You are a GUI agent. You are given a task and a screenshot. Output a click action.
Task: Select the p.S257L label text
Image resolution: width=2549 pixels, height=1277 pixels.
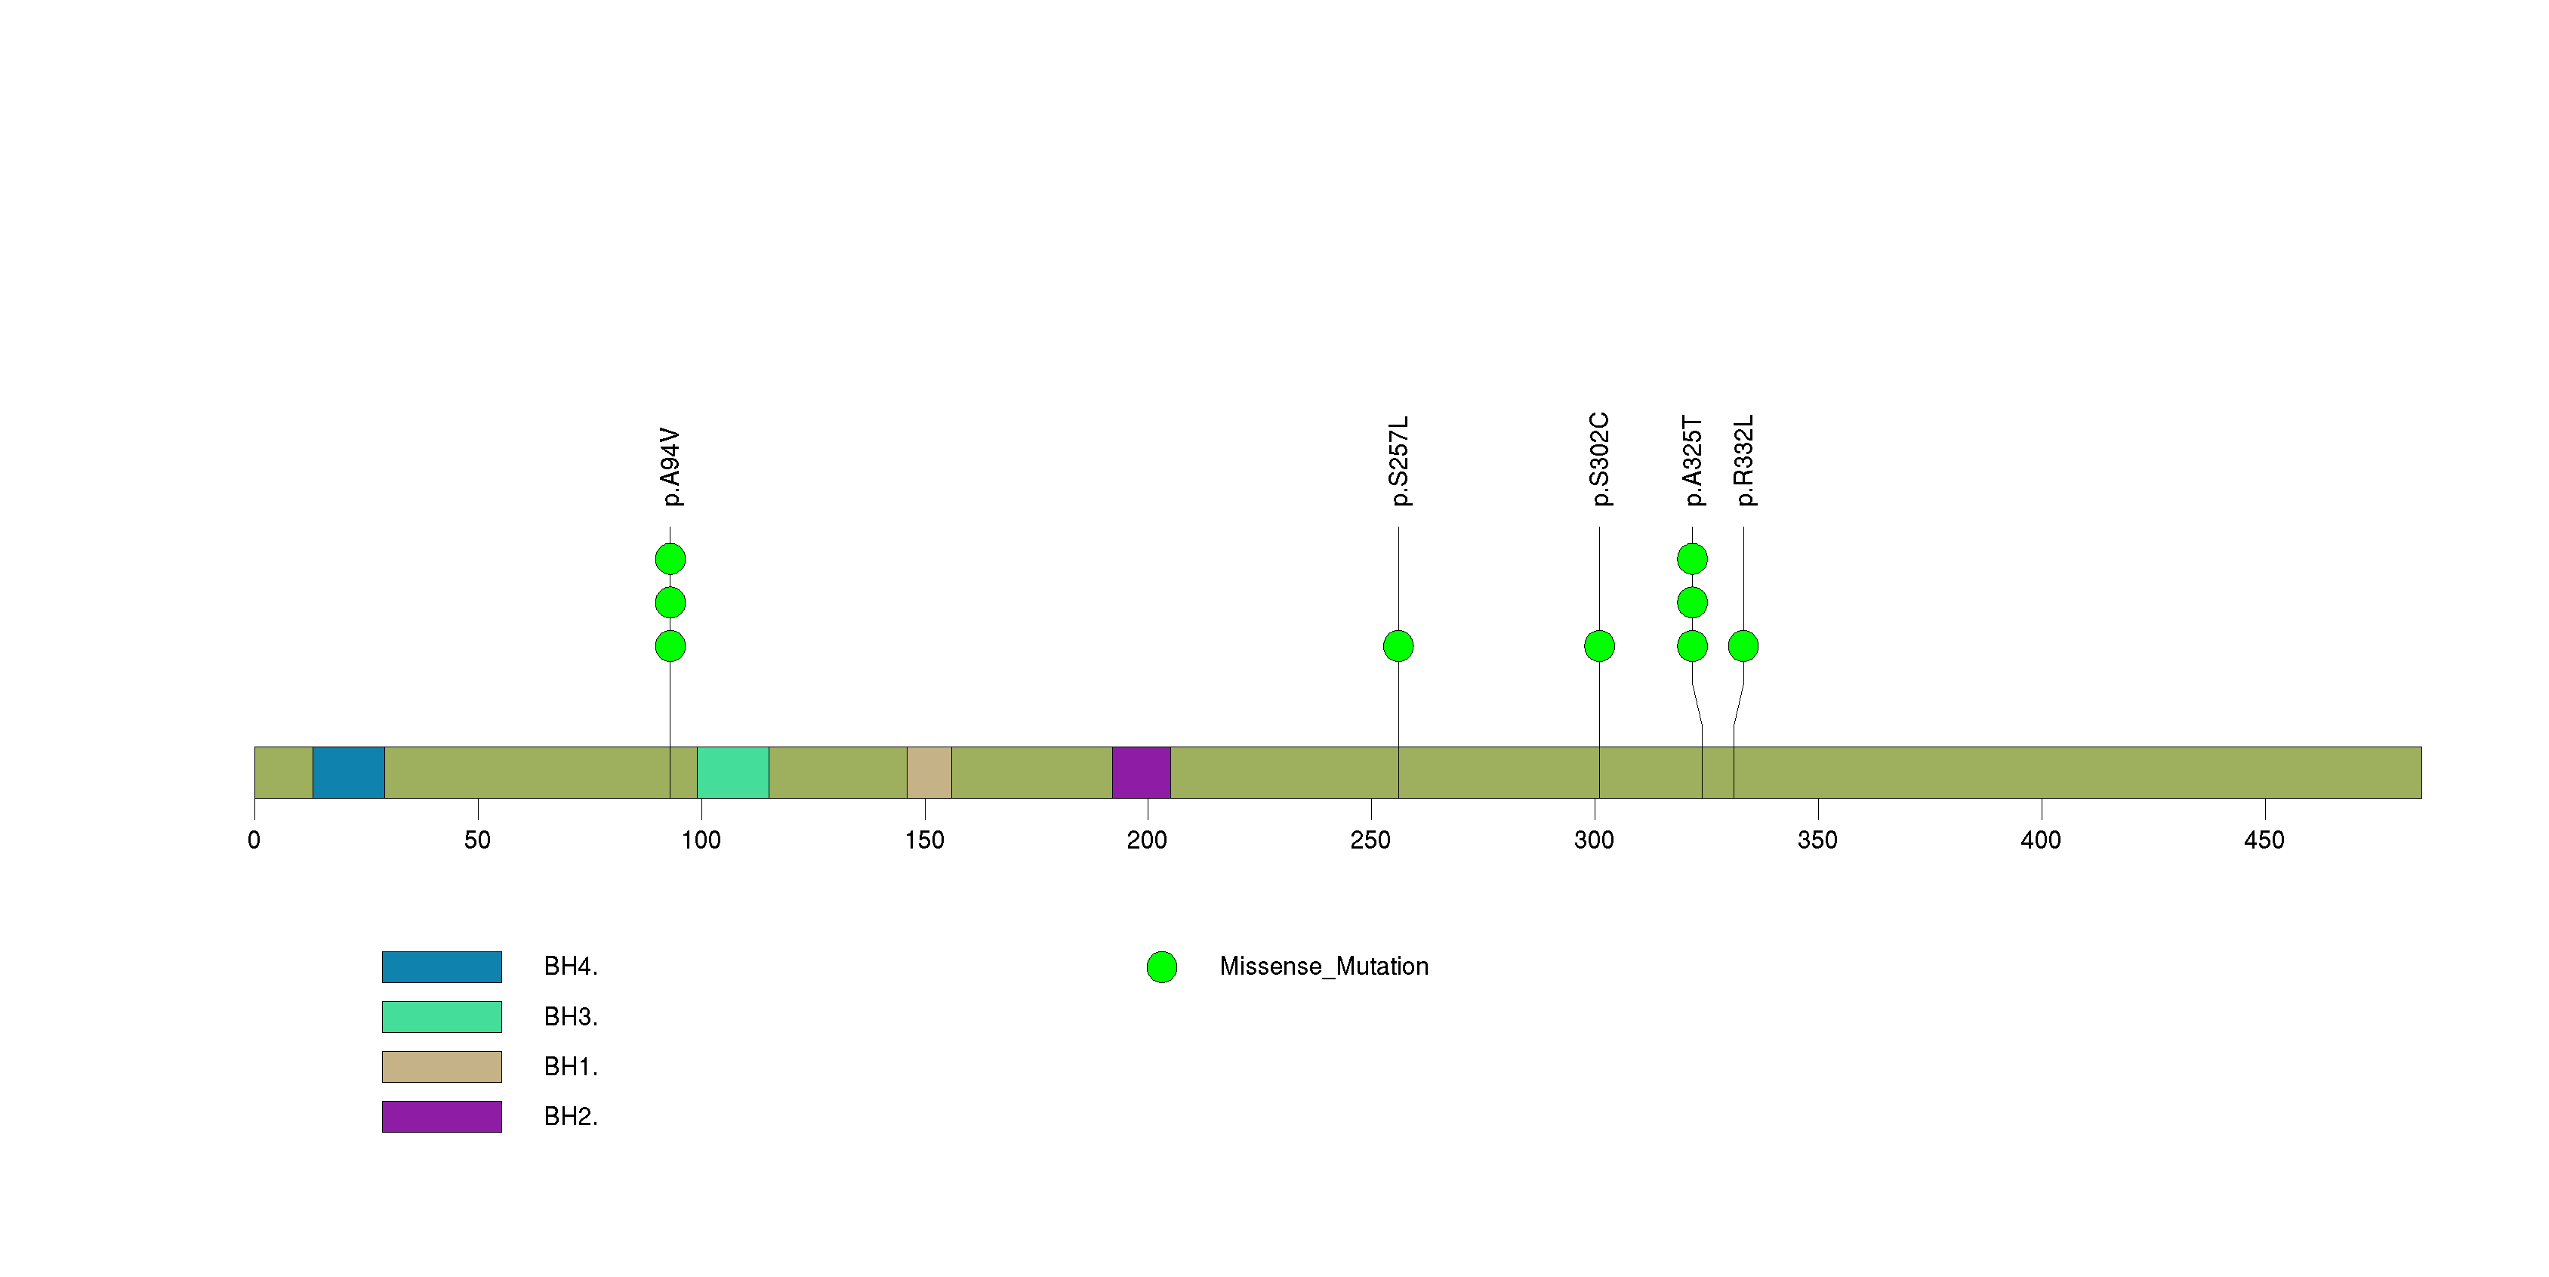(x=1398, y=461)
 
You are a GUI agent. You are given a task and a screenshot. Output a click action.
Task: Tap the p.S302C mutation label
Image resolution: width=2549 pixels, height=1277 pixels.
(x=1599, y=459)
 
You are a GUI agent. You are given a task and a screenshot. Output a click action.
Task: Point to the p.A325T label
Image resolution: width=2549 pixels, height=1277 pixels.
(x=1692, y=461)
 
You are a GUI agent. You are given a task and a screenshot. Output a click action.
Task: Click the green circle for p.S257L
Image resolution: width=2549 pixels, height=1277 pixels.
(x=1398, y=646)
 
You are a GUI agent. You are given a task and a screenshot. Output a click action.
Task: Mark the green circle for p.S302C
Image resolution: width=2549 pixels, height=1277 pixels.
(x=1599, y=646)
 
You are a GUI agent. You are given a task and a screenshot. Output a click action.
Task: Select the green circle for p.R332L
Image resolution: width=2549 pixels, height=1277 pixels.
(x=1743, y=646)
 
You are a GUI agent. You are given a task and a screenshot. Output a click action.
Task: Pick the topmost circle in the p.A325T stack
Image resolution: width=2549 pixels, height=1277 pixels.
(x=1692, y=559)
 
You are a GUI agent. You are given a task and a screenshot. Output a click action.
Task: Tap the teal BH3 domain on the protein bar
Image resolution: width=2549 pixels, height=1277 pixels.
(x=733, y=772)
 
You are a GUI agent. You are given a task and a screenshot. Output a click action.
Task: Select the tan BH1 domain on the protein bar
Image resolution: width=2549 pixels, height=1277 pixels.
(x=929, y=772)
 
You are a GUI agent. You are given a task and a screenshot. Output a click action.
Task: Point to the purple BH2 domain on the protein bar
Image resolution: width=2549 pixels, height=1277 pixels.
(x=1142, y=772)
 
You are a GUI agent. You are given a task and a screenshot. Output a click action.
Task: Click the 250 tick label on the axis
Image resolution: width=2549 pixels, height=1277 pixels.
(x=1370, y=840)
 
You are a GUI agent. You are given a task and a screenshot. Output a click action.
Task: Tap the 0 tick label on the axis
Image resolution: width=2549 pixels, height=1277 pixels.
(x=254, y=840)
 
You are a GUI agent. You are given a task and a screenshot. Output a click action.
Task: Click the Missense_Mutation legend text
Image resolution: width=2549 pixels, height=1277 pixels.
(x=1324, y=966)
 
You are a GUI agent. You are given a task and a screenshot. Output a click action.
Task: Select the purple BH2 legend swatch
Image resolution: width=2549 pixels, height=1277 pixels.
(x=442, y=1117)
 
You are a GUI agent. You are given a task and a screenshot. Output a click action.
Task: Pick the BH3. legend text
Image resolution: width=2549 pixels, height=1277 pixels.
(x=571, y=1016)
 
